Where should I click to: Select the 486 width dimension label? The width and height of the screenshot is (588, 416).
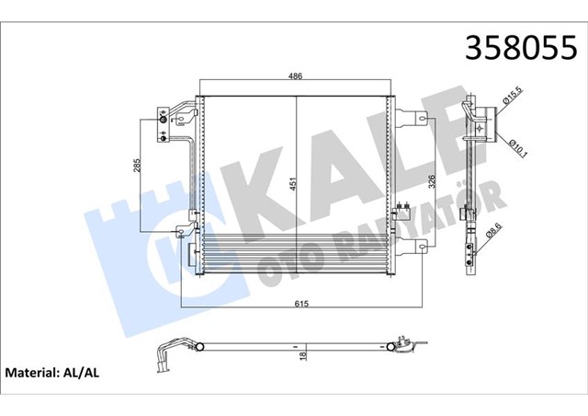point(295,76)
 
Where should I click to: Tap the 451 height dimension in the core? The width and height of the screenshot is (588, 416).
point(293,184)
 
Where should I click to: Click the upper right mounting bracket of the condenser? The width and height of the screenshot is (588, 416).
point(418,118)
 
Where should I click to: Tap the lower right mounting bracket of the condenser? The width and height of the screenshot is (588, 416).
point(418,245)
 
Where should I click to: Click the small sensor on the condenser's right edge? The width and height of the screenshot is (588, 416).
point(401,212)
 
